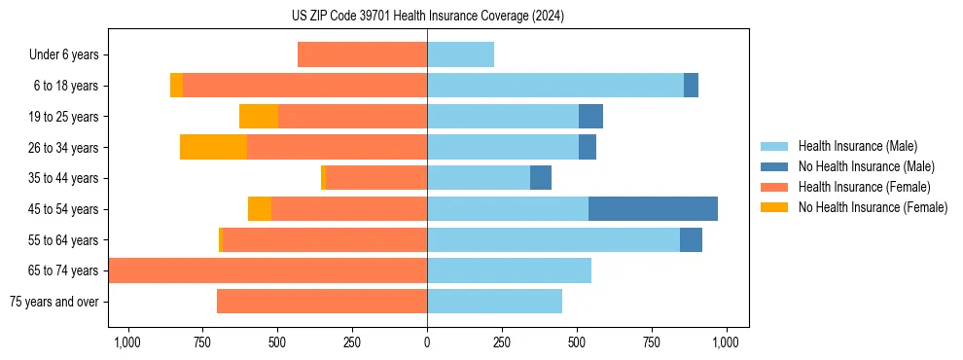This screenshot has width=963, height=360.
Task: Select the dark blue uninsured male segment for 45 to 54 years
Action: (653, 209)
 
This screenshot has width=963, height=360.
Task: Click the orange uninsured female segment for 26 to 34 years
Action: (213, 147)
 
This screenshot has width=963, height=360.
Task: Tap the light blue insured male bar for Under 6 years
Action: (460, 54)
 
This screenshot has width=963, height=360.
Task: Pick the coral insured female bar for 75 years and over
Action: (322, 302)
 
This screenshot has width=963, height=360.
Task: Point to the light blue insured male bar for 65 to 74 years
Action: (509, 270)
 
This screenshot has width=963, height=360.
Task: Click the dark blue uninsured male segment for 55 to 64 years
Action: (691, 239)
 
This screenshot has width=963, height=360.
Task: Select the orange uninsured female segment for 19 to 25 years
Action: (259, 117)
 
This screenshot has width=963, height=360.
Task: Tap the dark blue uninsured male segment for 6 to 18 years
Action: (691, 86)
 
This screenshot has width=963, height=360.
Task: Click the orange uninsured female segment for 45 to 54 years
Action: (260, 209)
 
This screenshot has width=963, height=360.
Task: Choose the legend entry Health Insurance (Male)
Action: (857, 146)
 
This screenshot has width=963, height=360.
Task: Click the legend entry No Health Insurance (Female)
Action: (873, 207)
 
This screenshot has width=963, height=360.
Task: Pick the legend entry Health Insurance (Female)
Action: (864, 187)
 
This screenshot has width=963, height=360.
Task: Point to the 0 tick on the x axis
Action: (427, 342)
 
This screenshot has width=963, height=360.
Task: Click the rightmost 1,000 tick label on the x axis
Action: (727, 342)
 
